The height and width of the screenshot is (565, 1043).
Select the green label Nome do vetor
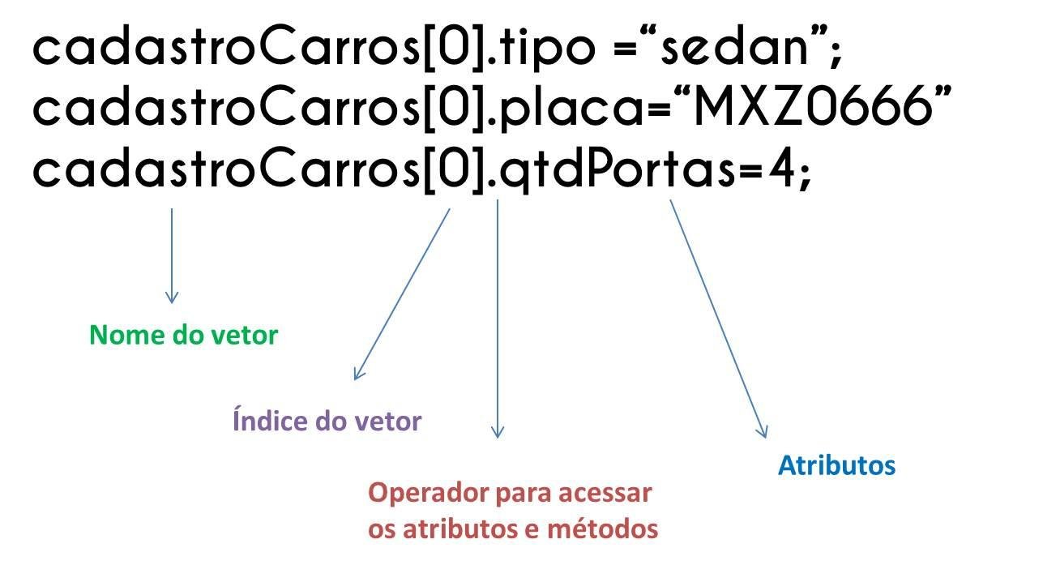[183, 335]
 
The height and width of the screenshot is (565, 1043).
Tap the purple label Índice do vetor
[327, 422]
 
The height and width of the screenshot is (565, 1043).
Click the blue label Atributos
[836, 465]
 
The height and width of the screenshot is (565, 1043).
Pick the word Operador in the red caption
[418, 493]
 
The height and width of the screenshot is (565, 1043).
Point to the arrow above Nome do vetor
[171, 255]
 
